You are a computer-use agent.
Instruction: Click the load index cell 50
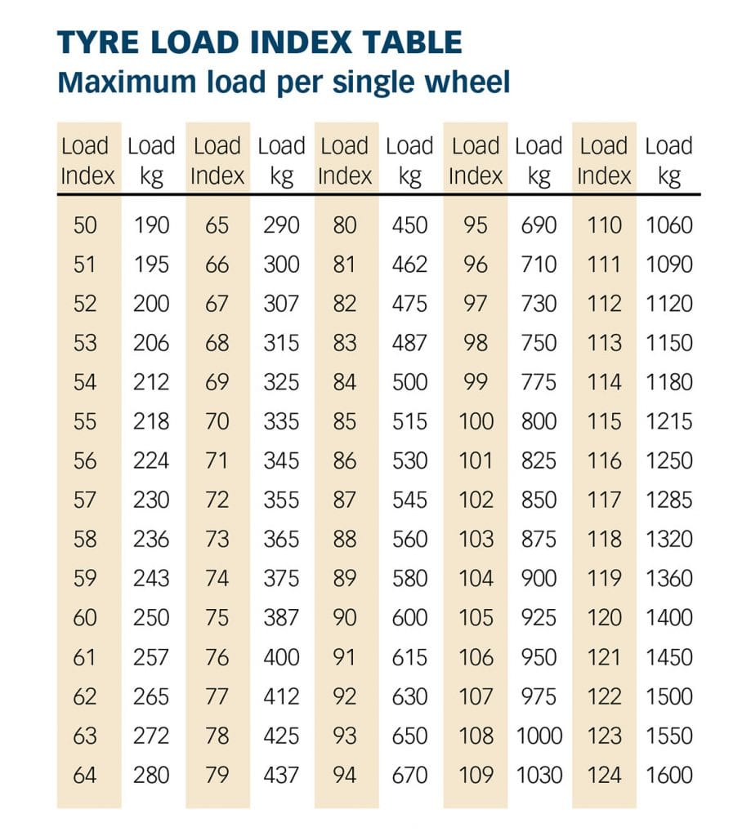point(85,225)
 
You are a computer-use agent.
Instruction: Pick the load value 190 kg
point(152,225)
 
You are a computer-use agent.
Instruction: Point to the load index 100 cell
point(476,421)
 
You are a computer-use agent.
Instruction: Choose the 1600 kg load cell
point(668,775)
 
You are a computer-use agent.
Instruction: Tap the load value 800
point(539,421)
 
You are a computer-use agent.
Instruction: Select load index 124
point(605,775)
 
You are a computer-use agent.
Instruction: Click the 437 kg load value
point(281,775)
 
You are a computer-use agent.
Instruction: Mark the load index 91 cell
point(345,657)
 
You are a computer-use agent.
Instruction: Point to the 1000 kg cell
point(539,736)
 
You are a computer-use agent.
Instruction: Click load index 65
point(217,225)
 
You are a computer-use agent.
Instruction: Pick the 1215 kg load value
point(668,421)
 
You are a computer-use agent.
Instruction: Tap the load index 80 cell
point(345,225)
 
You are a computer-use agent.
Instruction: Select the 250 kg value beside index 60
point(152,618)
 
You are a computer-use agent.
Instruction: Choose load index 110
point(605,225)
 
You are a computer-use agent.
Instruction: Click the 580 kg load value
point(409,579)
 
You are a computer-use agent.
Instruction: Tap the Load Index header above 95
point(476,161)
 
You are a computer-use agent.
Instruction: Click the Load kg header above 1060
point(668,161)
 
